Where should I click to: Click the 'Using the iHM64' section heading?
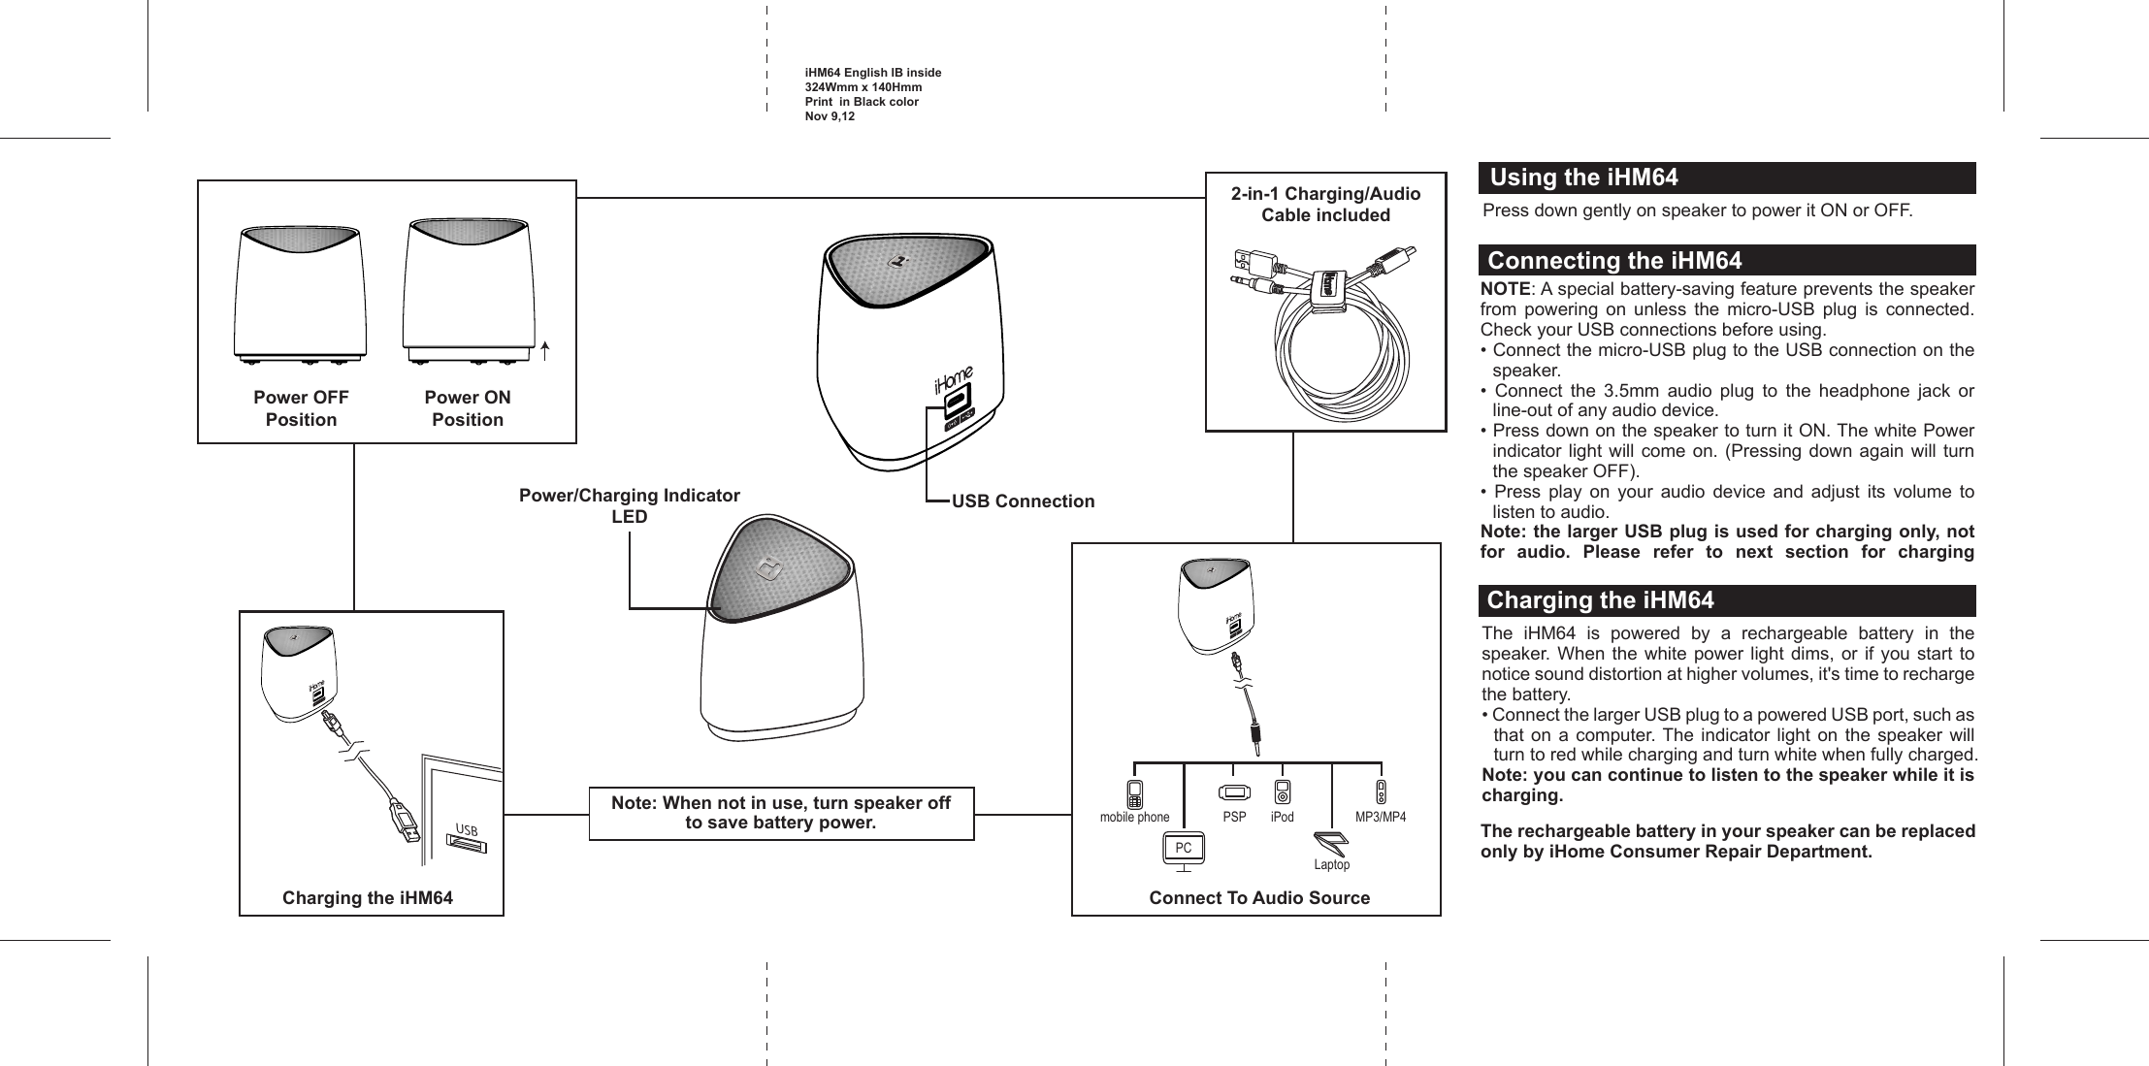[x=1583, y=178]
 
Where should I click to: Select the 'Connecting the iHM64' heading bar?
[x=1614, y=261]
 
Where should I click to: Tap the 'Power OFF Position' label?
[x=301, y=408]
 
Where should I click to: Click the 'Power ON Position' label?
[x=468, y=408]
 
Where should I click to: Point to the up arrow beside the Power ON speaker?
[x=546, y=349]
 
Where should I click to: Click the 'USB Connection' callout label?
[x=1023, y=501]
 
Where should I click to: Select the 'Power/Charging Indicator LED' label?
[x=629, y=505]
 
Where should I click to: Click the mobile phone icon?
[x=1134, y=793]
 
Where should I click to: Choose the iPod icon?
[x=1283, y=791]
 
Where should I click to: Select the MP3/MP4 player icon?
[x=1381, y=791]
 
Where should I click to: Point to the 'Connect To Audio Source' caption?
[x=1259, y=898]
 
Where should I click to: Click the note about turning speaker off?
[x=781, y=813]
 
